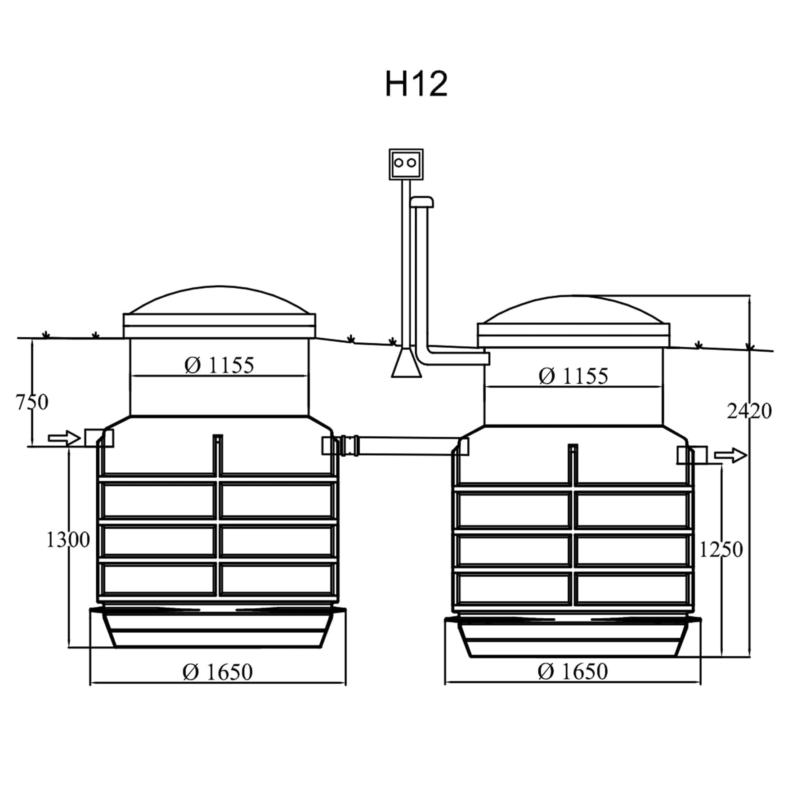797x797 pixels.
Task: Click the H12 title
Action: point(416,84)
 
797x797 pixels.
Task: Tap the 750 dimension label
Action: point(32,402)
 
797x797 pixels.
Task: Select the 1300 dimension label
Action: point(68,539)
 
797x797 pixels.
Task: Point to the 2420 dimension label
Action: point(749,411)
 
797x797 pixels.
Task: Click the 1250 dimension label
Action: point(721,549)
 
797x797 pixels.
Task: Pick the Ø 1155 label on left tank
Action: point(219,365)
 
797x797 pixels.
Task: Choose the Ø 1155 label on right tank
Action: point(573,376)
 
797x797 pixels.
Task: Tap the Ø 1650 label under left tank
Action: point(218,672)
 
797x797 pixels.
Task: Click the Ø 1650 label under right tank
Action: point(573,672)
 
